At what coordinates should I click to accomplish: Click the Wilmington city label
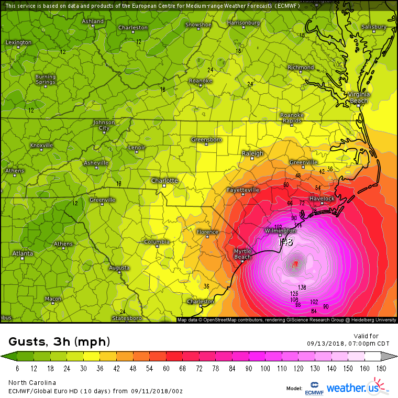pyautogui.click(x=277, y=230)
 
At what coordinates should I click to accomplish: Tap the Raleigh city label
pyautogui.click(x=252, y=153)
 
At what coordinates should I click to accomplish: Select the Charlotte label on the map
pyautogui.click(x=164, y=181)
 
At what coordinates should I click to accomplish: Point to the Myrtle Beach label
pyautogui.click(x=242, y=254)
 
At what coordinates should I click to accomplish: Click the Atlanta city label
pyautogui.click(x=23, y=253)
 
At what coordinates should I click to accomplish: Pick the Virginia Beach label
pyautogui.click(x=359, y=97)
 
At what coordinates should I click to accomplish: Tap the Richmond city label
pyautogui.click(x=301, y=68)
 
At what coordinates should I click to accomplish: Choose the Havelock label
pyautogui.click(x=322, y=199)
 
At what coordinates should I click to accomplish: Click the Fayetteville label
pyautogui.click(x=243, y=190)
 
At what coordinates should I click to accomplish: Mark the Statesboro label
pyautogui.click(x=127, y=318)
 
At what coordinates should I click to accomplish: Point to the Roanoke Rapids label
pyautogui.click(x=292, y=117)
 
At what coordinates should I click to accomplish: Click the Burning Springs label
pyautogui.click(x=46, y=80)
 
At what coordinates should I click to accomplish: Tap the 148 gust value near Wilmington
pyautogui.click(x=286, y=242)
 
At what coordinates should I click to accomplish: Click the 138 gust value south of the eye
pyautogui.click(x=302, y=287)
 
